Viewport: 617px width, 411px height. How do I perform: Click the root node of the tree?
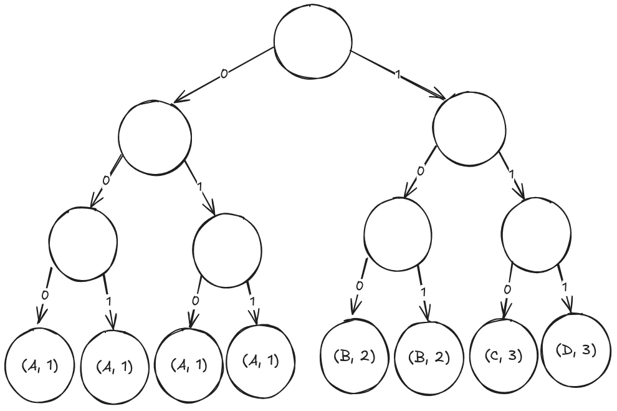click(x=312, y=42)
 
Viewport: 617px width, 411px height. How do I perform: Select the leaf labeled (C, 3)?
click(x=503, y=356)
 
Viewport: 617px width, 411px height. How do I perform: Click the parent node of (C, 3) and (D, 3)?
click(x=536, y=235)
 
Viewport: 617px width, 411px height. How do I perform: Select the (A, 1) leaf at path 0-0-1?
click(x=115, y=366)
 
